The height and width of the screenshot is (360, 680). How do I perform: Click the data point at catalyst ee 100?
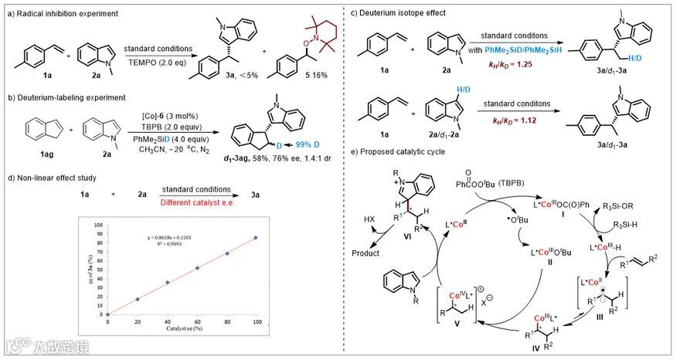256,236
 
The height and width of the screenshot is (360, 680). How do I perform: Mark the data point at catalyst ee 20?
138,299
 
